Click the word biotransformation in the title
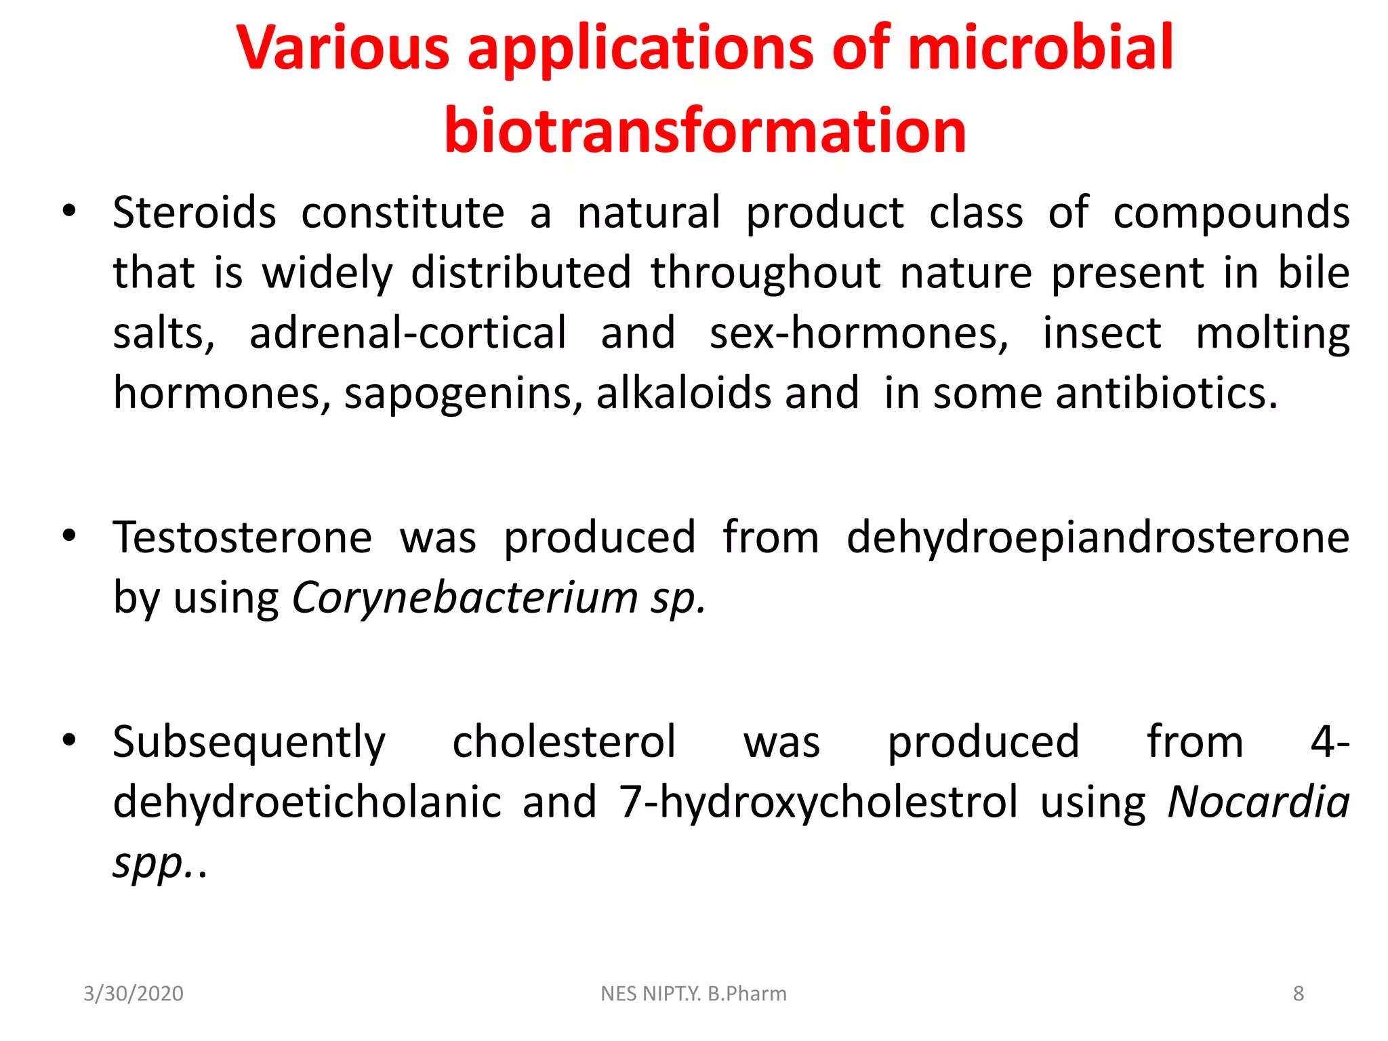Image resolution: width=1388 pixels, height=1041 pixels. pos(705,130)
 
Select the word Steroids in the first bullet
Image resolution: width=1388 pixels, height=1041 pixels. pos(195,213)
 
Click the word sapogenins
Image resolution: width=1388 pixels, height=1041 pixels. pos(464,394)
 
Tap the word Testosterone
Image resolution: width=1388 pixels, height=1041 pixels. pos(243,537)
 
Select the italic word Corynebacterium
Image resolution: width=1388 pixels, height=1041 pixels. pos(465,598)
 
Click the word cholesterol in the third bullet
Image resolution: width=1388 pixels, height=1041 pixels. pos(564,741)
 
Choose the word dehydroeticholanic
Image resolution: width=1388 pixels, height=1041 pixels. pos(307,802)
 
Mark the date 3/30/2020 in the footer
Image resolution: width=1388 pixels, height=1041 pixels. pos(134,994)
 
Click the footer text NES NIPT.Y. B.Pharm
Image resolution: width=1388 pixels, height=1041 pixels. pos(693,994)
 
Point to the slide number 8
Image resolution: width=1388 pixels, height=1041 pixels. pos(1298,994)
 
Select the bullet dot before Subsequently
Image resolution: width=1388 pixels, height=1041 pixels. pos(68,741)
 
